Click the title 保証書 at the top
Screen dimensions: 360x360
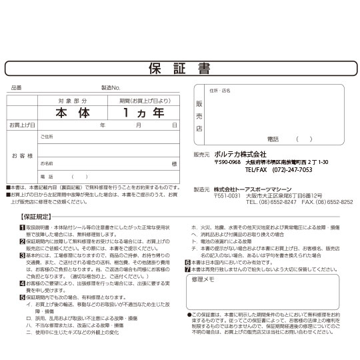pos(180,68)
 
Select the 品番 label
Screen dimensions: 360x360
pos(17,87)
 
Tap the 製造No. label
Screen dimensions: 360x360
pos(111,87)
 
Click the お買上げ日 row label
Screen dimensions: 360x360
pos(22,125)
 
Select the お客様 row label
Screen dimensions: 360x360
pos(22,155)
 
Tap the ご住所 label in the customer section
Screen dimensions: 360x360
pos(47,137)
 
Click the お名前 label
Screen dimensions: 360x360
pos(47,163)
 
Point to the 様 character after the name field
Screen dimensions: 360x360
pos(174,163)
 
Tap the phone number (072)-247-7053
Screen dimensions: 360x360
pos(288,170)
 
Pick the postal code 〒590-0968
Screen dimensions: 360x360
pos(227,162)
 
